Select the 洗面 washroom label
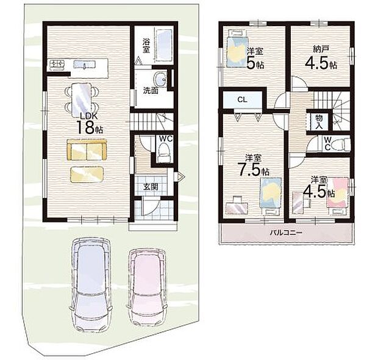[151, 90]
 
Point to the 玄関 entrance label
[151, 186]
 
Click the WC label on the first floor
[165, 139]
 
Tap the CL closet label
[241, 99]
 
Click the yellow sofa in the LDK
[87, 150]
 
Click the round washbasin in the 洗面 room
[160, 80]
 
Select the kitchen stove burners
[56, 63]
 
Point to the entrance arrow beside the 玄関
[180, 178]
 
